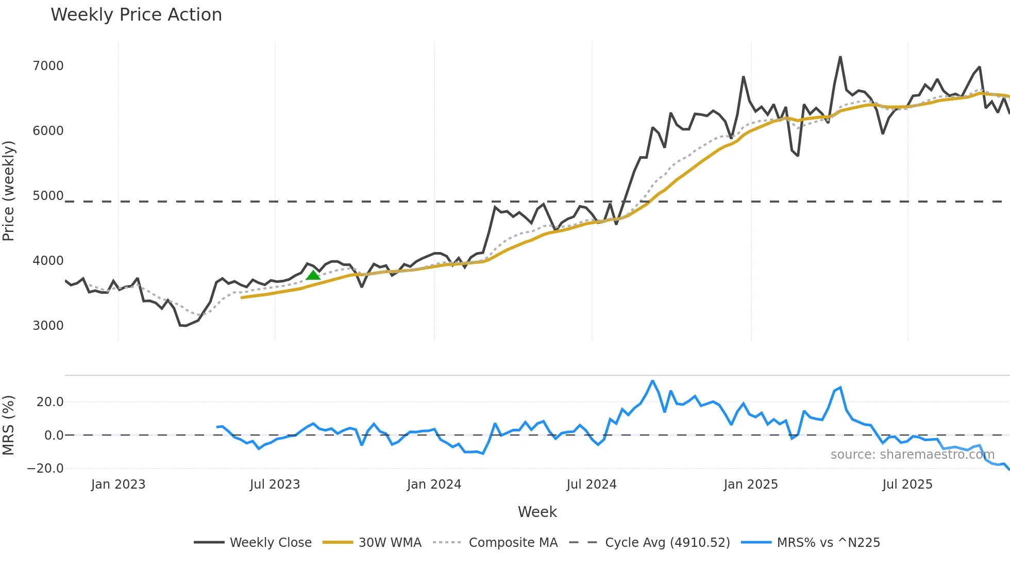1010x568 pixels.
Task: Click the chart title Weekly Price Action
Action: tap(136, 15)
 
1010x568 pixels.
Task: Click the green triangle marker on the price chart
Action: tap(313, 275)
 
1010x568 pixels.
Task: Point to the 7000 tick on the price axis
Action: tap(48, 66)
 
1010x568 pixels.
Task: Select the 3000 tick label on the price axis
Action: tap(48, 326)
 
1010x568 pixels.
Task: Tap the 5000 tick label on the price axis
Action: tap(48, 196)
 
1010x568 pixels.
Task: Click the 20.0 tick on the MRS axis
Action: tap(50, 402)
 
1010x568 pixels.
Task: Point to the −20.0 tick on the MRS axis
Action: tap(45, 469)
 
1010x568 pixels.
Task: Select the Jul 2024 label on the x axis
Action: tap(591, 485)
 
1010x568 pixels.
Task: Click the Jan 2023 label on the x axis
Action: tap(118, 485)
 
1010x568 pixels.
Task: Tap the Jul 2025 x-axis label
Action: tap(907, 485)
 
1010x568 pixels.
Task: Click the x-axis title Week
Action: tap(537, 512)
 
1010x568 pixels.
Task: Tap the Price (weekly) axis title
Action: tap(8, 191)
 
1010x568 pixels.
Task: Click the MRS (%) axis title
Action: tap(8, 425)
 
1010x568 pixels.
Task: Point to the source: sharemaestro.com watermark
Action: tap(912, 455)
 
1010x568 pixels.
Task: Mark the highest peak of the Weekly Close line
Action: tap(840, 57)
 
